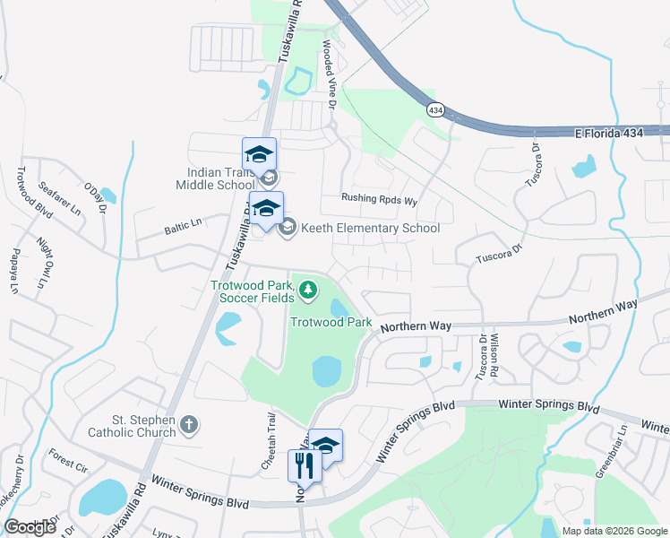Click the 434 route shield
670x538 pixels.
435,109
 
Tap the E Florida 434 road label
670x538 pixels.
622,133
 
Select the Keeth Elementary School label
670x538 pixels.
370,228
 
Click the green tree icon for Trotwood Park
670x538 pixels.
307,289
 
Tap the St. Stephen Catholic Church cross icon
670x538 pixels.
189,423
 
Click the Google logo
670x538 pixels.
30,527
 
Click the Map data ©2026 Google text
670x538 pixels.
613,531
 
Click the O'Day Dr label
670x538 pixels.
95,198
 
